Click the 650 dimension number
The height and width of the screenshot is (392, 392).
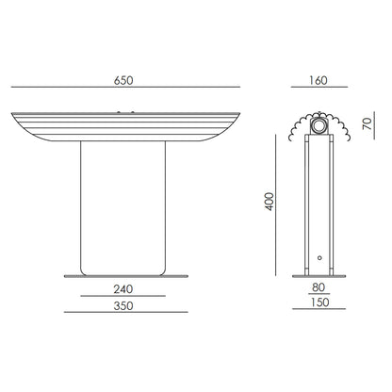pos(123,81)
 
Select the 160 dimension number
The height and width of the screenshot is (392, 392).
pos(318,81)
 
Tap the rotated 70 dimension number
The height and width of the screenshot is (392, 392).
pos(367,123)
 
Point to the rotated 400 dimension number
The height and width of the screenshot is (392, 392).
pos(269,202)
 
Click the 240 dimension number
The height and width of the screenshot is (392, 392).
pos(123,289)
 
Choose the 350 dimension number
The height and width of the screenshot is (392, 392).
pos(123,306)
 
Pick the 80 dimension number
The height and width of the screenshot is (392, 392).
pos(318,287)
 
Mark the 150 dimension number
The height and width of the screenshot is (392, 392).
pos(319,302)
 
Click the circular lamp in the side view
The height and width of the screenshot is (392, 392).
pos(319,126)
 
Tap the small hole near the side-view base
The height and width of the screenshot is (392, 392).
pos(319,258)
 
